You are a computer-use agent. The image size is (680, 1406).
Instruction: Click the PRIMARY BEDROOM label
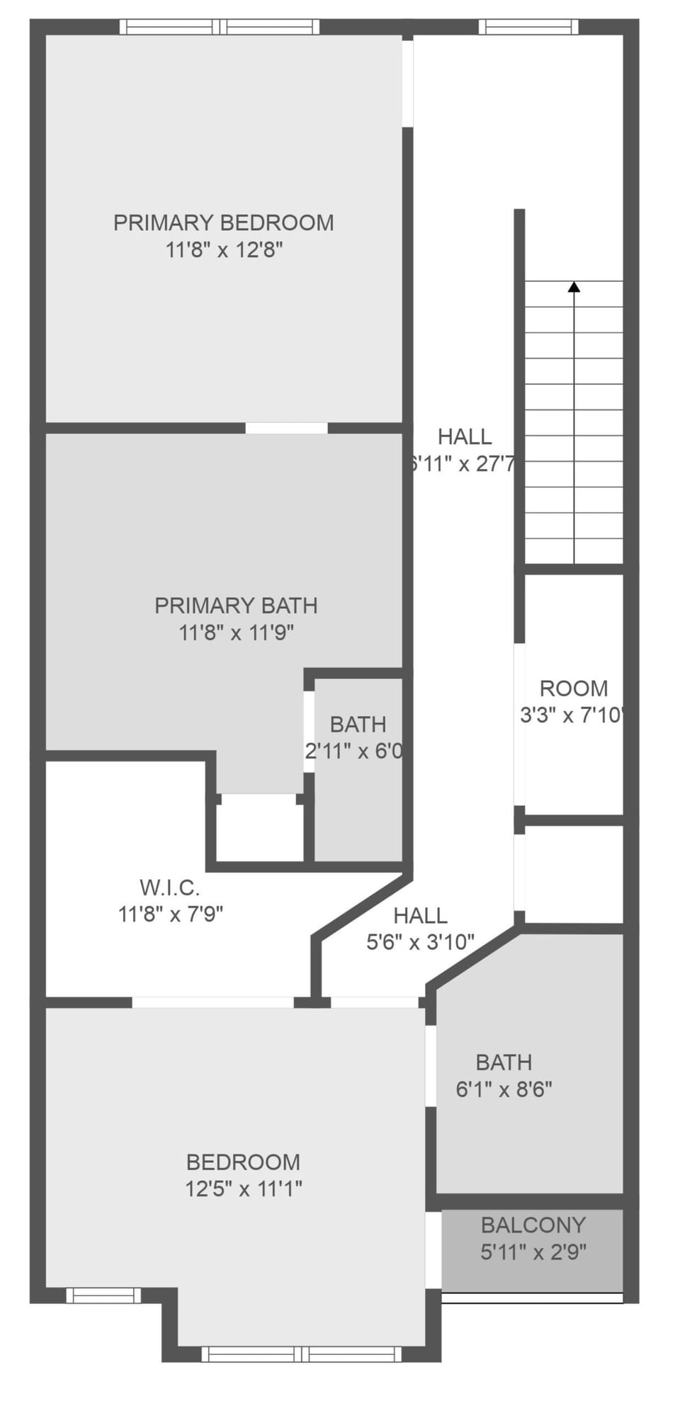223,222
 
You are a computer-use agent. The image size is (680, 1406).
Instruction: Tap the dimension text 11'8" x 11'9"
236,633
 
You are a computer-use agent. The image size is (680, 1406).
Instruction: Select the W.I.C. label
169,887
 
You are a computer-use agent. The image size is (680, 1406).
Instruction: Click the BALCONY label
533,1225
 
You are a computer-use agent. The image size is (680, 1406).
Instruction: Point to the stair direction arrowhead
574,287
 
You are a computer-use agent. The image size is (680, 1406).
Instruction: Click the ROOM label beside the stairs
574,688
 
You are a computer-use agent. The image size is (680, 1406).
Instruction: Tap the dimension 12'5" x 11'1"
243,1189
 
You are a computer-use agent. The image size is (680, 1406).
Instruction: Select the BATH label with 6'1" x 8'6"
504,1062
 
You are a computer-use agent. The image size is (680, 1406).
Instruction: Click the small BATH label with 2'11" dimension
358,724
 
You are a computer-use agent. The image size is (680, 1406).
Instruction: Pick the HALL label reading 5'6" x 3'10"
420,916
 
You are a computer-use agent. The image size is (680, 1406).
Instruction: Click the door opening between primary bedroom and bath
286,428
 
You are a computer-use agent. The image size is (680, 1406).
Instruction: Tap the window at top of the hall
528,27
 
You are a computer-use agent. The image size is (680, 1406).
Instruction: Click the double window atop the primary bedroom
220,27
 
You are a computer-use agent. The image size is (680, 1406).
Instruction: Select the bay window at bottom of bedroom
301,1354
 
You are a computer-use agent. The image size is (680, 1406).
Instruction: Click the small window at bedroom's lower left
103,1295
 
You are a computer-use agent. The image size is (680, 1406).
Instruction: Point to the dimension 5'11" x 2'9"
533,1252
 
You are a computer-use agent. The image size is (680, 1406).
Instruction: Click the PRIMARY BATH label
236,606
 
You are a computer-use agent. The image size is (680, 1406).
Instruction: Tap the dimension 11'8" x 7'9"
170,914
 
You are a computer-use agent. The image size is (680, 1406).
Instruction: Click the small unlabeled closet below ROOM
574,873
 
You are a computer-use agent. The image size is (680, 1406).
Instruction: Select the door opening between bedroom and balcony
433,1250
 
